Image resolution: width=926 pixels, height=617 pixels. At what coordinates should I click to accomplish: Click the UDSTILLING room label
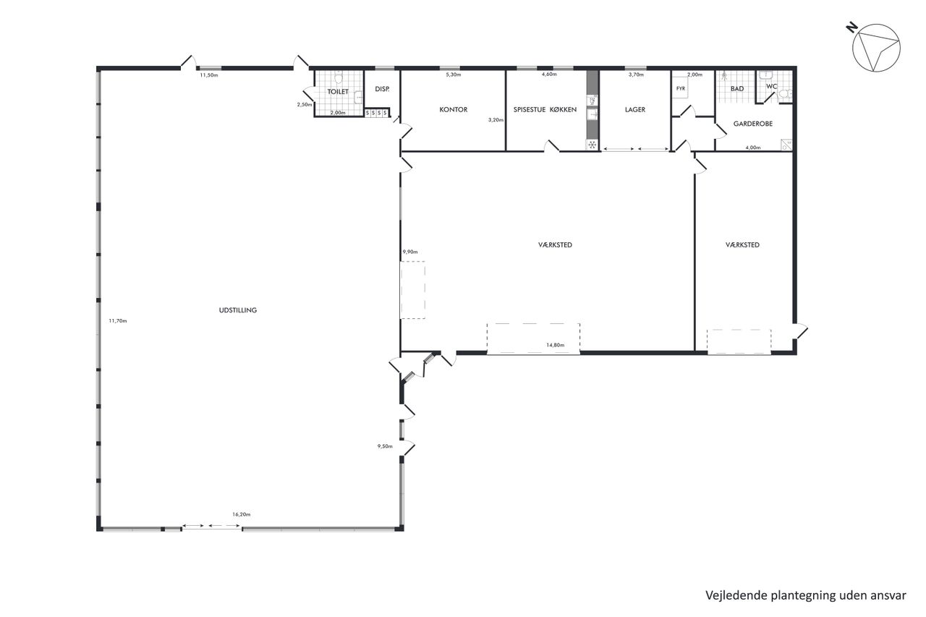tap(238, 310)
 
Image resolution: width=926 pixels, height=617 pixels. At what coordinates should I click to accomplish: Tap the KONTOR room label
tap(454, 109)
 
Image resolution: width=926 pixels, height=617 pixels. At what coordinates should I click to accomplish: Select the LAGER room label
tap(635, 109)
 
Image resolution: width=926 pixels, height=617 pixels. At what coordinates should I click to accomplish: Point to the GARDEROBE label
tap(753, 124)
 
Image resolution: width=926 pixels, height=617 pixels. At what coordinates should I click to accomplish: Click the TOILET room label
tap(338, 92)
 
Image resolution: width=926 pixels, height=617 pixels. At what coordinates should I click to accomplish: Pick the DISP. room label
tap(382, 89)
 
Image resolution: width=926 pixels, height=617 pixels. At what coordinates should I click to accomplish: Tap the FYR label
tap(681, 88)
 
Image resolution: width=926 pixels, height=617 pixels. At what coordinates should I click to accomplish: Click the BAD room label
tap(737, 88)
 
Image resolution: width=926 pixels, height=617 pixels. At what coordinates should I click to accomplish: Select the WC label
tap(771, 86)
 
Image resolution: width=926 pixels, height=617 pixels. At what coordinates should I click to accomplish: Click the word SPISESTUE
tap(530, 109)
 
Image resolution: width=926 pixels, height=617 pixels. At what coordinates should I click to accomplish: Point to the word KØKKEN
tap(563, 109)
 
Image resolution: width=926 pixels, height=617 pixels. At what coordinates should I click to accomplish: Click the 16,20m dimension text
tap(242, 514)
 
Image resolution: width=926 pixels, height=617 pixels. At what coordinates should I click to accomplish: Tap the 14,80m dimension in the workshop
tap(555, 345)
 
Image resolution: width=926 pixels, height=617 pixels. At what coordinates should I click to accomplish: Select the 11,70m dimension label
tap(118, 320)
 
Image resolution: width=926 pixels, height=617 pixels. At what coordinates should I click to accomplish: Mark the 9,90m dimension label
tap(410, 252)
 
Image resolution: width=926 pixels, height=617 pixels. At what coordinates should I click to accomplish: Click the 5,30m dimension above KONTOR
tap(454, 75)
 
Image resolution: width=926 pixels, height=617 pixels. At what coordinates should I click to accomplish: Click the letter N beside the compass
tap(851, 28)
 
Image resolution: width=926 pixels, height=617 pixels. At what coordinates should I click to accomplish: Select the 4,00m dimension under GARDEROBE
tap(753, 148)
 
